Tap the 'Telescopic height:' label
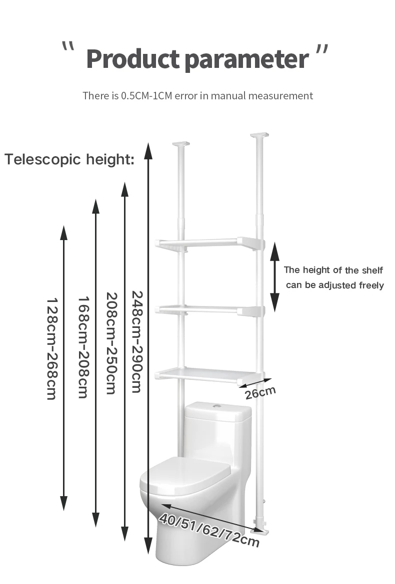[x=69, y=160]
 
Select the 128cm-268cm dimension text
[x=52, y=349]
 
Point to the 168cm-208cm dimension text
[x=83, y=347]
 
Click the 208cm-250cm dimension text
[x=111, y=343]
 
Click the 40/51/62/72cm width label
[x=209, y=530]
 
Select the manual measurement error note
[x=197, y=95]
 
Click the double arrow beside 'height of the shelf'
[x=274, y=277]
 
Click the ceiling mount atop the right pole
[x=259, y=135]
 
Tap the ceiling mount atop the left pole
[x=181, y=145]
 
